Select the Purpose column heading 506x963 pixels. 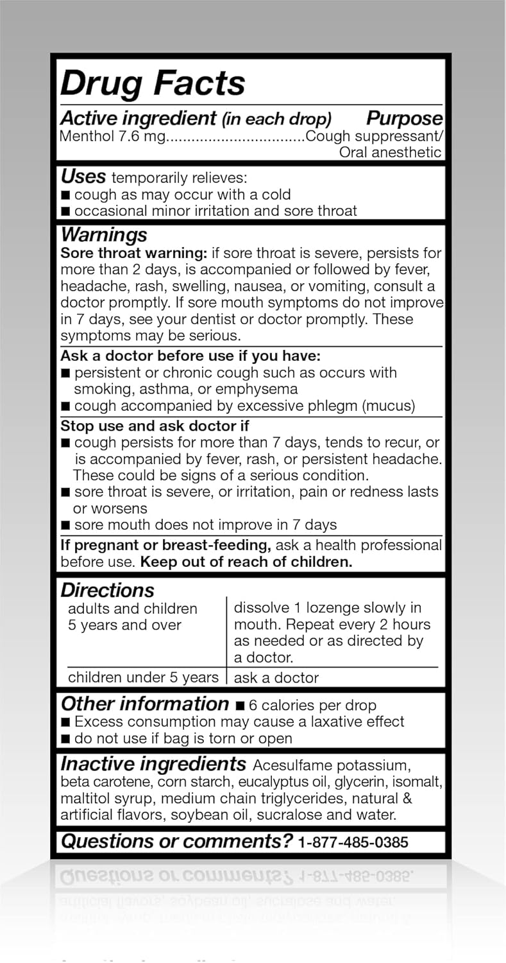coord(404,118)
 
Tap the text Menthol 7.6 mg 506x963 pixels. coord(113,136)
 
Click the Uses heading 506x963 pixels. coord(83,177)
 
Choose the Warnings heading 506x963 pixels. coord(103,234)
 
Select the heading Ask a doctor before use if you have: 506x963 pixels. coord(190,356)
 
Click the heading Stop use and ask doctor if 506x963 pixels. coord(155,426)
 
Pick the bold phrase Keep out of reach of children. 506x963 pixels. coord(247,562)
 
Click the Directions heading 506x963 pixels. coord(107,590)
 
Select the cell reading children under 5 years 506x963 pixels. coord(143,677)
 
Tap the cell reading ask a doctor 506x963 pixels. coord(276,678)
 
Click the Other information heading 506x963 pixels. coord(144,704)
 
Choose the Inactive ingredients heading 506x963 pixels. coord(153,764)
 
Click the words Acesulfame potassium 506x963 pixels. coord(331,765)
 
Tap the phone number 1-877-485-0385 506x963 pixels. coord(353,842)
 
